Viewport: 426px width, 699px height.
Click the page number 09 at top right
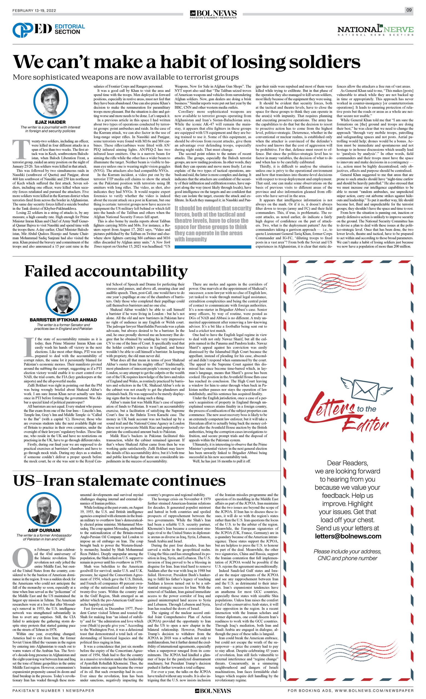coord(409,10)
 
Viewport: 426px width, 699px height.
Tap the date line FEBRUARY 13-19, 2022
coord(34,11)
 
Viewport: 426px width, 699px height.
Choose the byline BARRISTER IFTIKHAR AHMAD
coord(63,320)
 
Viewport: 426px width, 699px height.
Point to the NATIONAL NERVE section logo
coord(375,30)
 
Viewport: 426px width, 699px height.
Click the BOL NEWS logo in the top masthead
coord(213,13)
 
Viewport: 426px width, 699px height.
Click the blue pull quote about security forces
coord(213,223)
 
